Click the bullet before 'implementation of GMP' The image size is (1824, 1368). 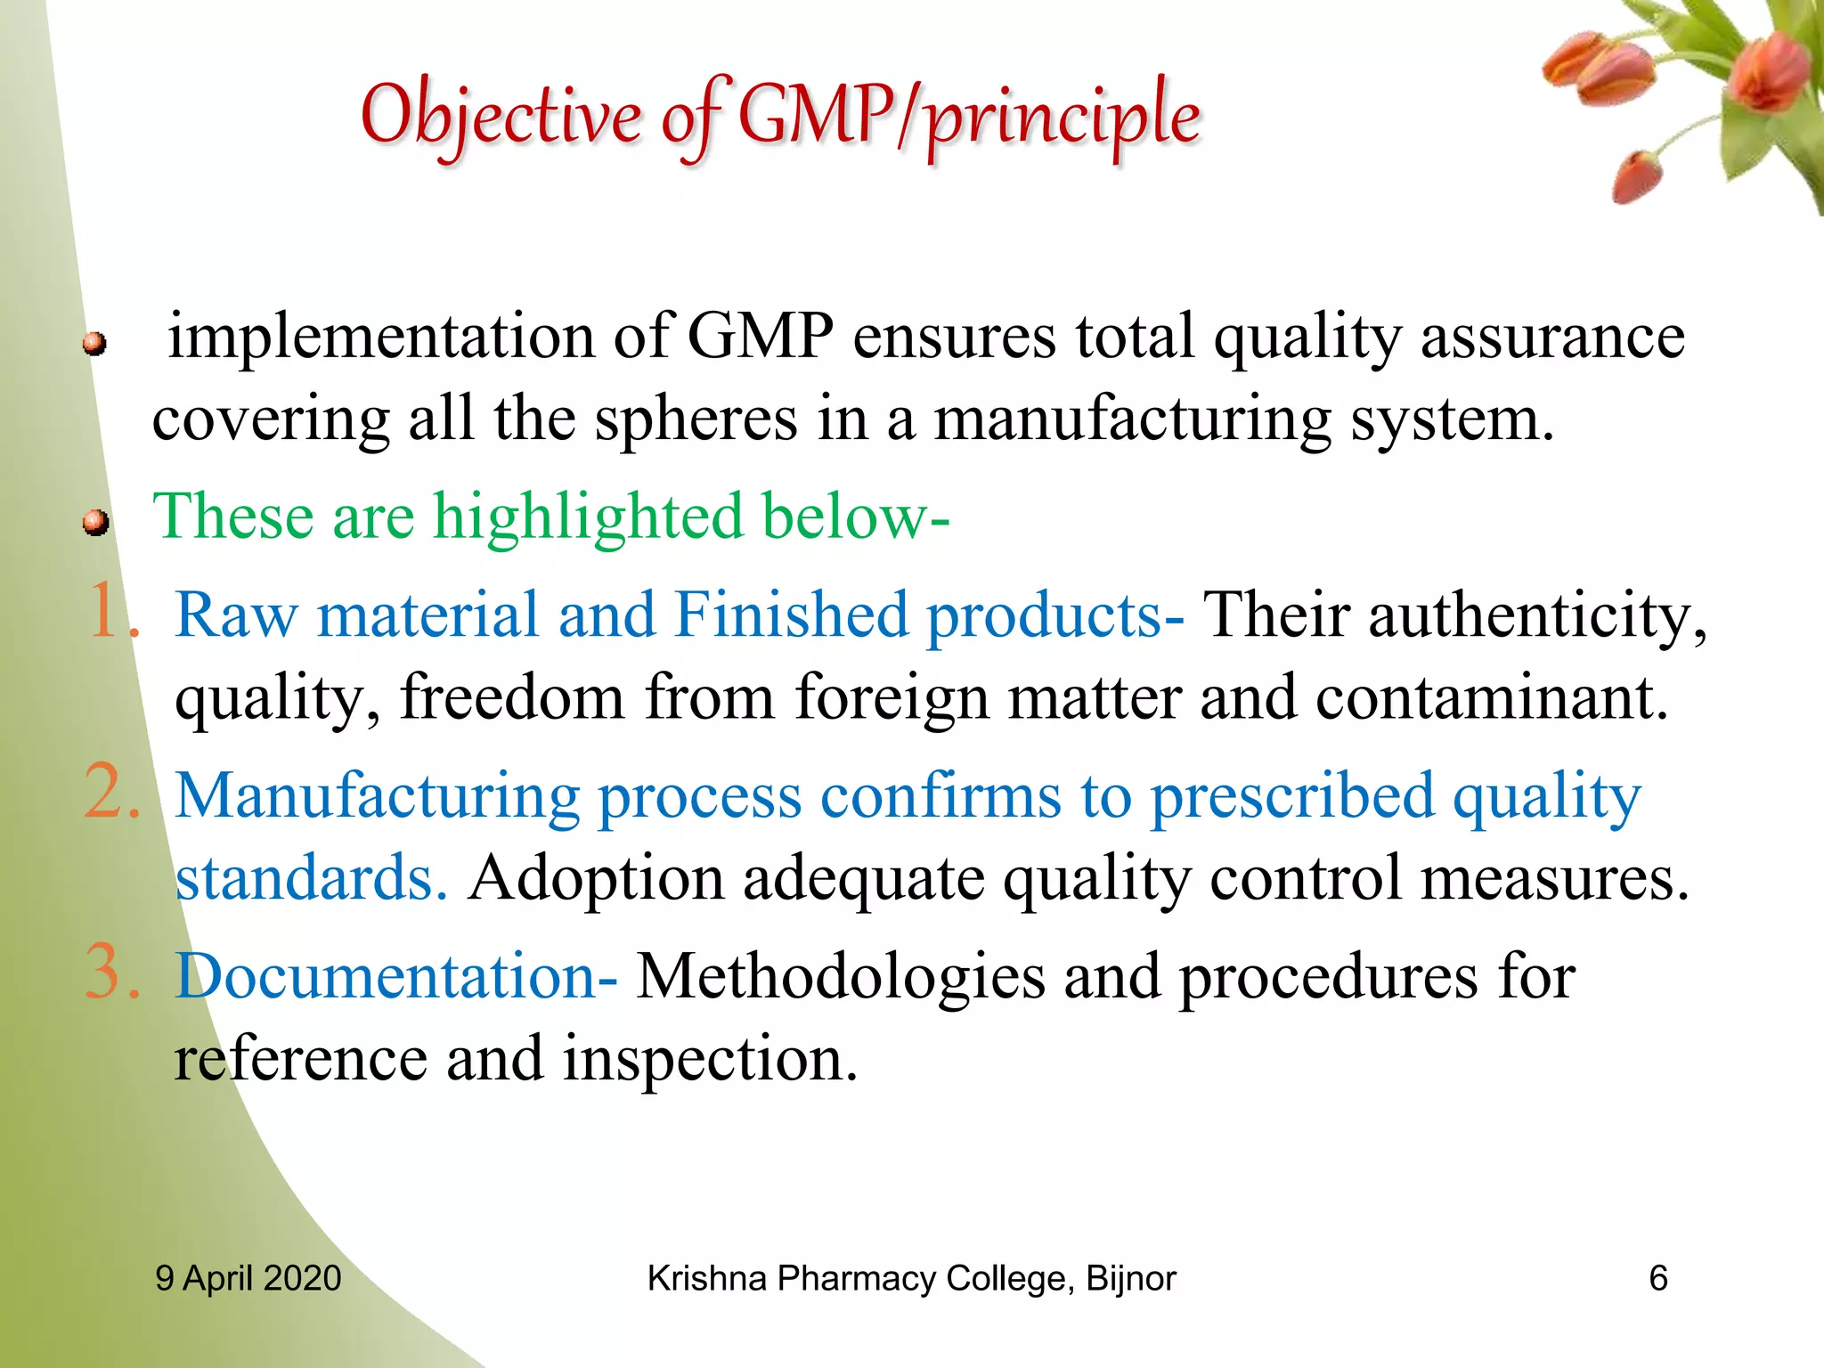click(x=95, y=344)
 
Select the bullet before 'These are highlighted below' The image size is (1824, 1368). click(x=95, y=523)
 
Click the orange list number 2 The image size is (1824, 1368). click(x=111, y=792)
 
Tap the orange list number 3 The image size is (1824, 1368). click(x=111, y=973)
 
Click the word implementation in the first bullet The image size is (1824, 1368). click(x=381, y=338)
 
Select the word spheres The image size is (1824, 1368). click(x=696, y=419)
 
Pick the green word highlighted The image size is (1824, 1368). click(x=588, y=517)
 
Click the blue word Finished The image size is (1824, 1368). click(x=791, y=615)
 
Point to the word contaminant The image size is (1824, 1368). click(x=1491, y=697)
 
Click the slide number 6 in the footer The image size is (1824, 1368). click(x=1657, y=1279)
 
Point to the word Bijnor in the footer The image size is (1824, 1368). click(x=1130, y=1279)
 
